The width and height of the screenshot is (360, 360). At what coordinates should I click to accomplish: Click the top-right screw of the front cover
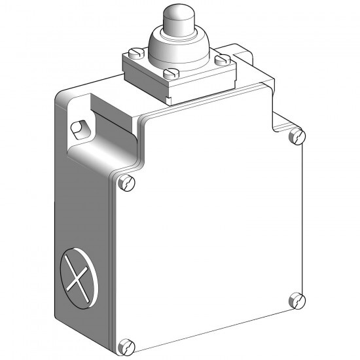pyautogui.click(x=298, y=137)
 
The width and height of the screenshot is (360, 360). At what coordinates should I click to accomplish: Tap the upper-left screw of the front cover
pyautogui.click(x=126, y=183)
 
